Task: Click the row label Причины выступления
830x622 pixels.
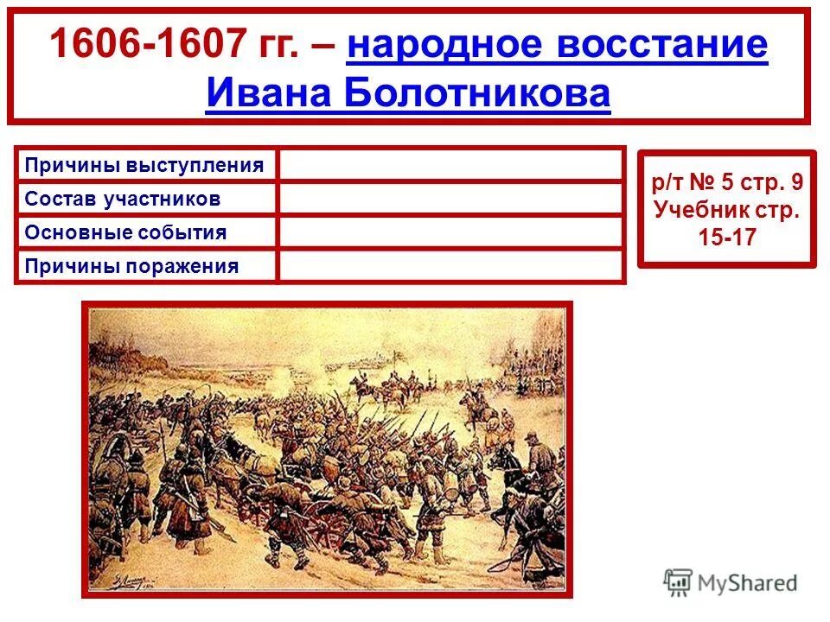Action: pos(144,164)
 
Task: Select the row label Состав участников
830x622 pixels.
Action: pos(123,200)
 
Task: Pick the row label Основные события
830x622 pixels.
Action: pos(126,232)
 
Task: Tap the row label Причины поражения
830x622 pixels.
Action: pos(131,266)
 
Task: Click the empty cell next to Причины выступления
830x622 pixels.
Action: pos(450,164)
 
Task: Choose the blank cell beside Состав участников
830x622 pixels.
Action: pos(450,200)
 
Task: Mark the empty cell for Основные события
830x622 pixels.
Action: pos(450,232)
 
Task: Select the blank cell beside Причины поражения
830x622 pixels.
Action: pos(450,266)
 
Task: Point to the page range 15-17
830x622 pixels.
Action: pos(727,238)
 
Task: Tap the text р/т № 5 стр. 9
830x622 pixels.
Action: pos(727,182)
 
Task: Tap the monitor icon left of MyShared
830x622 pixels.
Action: pos(678,582)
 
